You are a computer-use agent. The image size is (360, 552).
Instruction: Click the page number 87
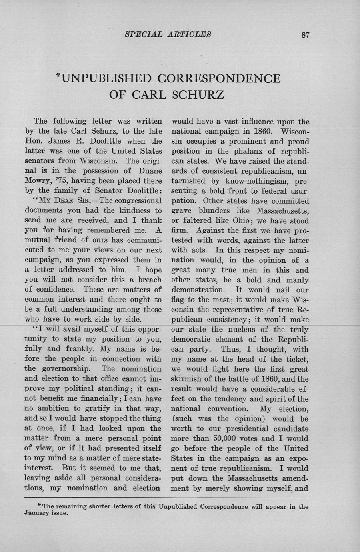306,34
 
